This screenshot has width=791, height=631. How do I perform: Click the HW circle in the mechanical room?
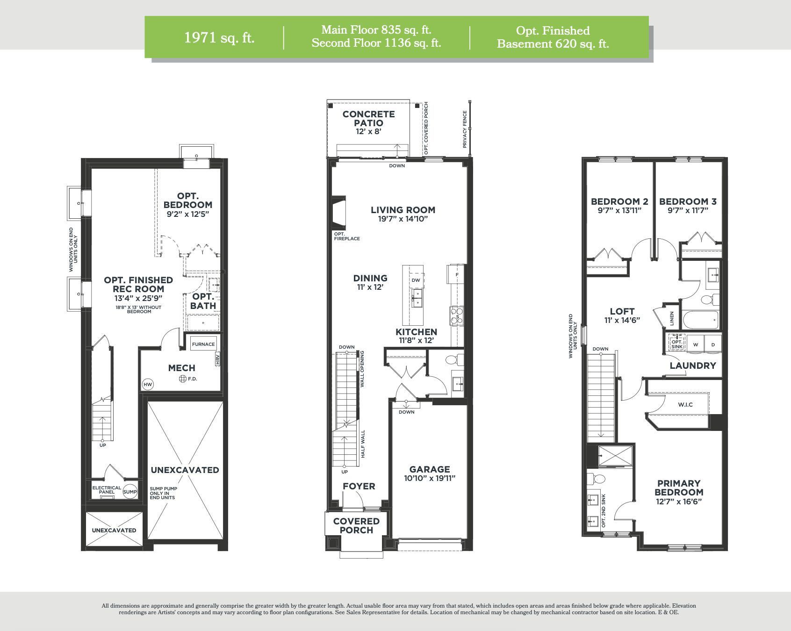pyautogui.click(x=148, y=385)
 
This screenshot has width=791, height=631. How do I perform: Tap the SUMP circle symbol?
pyautogui.click(x=130, y=492)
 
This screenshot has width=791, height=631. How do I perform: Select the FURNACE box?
pyautogui.click(x=203, y=344)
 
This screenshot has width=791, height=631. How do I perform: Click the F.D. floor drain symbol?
pyautogui.click(x=183, y=379)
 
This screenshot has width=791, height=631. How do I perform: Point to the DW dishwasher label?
pyautogui.click(x=416, y=280)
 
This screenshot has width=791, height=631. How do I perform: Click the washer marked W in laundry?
pyautogui.click(x=696, y=344)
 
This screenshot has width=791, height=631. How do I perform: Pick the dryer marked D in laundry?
pyautogui.click(x=713, y=344)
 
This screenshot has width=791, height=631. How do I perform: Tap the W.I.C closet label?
pyautogui.click(x=685, y=404)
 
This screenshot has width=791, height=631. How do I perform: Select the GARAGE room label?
pyautogui.click(x=430, y=469)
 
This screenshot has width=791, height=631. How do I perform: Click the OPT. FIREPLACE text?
pyautogui.click(x=347, y=236)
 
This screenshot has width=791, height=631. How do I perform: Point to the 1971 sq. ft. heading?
pyautogui.click(x=219, y=37)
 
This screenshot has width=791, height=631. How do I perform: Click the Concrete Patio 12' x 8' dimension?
pyautogui.click(x=368, y=132)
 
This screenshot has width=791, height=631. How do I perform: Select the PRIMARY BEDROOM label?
pyautogui.click(x=679, y=488)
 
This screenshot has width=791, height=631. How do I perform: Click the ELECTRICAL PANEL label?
pyautogui.click(x=107, y=490)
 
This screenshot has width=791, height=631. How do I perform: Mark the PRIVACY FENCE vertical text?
pyautogui.click(x=465, y=129)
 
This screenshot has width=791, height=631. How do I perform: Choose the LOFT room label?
pyautogui.click(x=622, y=311)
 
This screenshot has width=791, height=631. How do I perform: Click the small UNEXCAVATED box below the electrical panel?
pyautogui.click(x=114, y=530)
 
